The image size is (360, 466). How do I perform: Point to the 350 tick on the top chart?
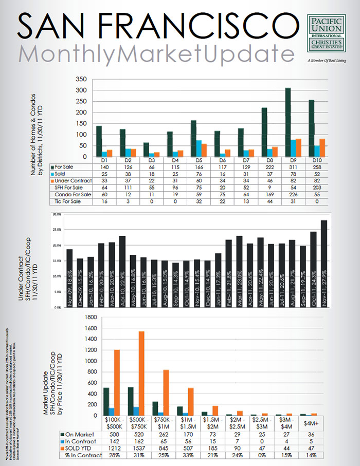point(81,80)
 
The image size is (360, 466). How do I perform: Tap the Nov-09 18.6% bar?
point(69,278)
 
